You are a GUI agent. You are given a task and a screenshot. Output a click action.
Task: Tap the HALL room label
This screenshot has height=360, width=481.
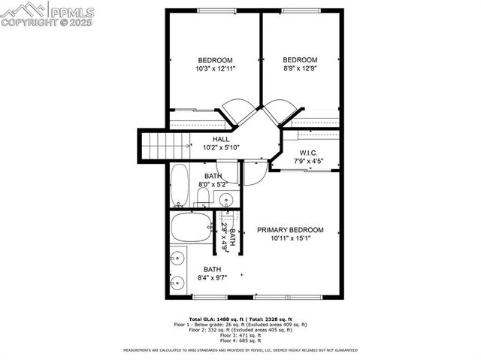[221, 139]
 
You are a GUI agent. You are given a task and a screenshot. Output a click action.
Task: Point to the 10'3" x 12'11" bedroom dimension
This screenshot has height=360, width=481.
[215, 69]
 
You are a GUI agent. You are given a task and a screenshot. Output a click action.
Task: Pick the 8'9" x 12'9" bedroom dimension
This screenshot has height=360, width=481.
[300, 69]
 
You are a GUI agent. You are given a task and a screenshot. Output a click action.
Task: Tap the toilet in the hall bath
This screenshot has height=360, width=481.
[201, 198]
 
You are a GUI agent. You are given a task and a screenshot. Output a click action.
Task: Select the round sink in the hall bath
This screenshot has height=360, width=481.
[225, 199]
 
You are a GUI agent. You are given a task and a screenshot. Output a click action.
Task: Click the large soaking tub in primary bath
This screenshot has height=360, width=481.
[191, 228]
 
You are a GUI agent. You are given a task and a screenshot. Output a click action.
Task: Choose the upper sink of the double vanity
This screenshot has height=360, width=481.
[177, 259]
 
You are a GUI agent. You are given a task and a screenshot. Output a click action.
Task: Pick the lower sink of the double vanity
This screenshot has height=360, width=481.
[177, 283]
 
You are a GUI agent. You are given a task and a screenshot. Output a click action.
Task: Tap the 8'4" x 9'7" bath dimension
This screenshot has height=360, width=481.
[213, 278]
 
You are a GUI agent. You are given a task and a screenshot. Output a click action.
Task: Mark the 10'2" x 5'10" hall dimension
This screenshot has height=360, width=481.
[221, 147]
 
